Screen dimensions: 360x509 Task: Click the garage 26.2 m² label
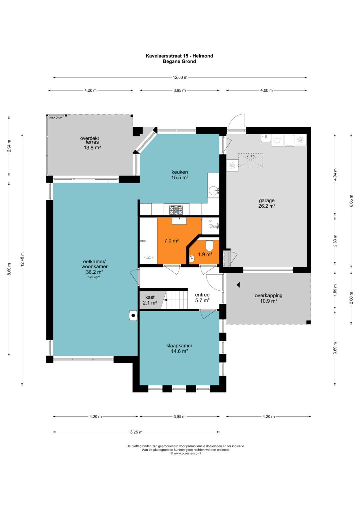(x=267, y=203)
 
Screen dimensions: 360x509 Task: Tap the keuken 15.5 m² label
(x=180, y=175)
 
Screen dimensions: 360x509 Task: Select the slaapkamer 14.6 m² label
(x=179, y=348)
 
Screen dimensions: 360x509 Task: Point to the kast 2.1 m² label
(x=150, y=300)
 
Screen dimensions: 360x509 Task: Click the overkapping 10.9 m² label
(x=268, y=298)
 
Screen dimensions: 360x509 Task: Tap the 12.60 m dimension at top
(x=180, y=77)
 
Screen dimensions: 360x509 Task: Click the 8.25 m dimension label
(x=136, y=432)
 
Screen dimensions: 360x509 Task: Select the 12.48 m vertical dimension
(x=22, y=259)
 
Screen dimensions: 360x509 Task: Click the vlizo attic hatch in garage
(x=250, y=160)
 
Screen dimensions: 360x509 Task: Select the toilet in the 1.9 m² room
(x=209, y=245)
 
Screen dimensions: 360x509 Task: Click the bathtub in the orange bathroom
(x=148, y=241)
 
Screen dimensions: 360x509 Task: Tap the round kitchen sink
(x=213, y=190)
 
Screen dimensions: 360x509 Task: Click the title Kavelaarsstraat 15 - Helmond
(x=179, y=56)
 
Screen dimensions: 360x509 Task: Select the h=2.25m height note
(x=56, y=118)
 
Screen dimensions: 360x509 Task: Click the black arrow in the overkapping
(x=238, y=285)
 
